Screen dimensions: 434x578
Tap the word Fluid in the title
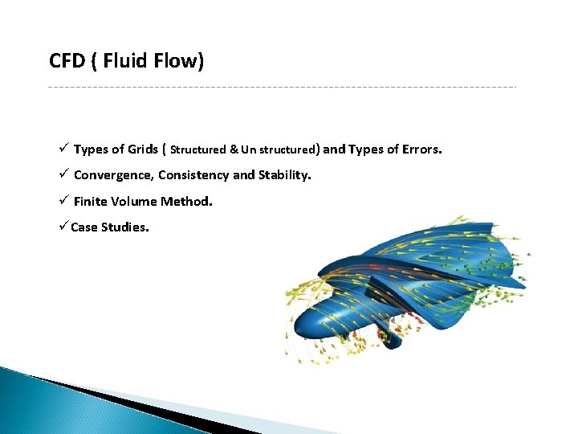[124, 61]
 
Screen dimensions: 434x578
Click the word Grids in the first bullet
[144, 149]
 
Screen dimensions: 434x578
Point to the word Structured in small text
[198, 149]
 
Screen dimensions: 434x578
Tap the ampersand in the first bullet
[234, 149]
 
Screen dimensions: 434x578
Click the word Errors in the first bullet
[420, 149]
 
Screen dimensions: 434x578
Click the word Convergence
[112, 175]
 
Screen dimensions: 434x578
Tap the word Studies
[124, 227]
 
